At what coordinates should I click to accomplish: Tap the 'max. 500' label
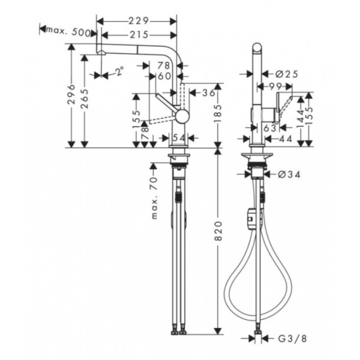click(68, 31)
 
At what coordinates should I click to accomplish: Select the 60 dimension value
click(163, 76)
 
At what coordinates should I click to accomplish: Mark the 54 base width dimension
click(179, 139)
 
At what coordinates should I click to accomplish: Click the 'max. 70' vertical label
click(154, 198)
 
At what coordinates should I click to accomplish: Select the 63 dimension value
click(269, 127)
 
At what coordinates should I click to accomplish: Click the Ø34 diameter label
click(289, 175)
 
